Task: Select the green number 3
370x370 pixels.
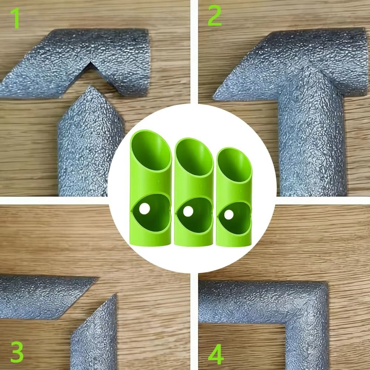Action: (17, 352)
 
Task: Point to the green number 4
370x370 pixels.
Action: (216, 356)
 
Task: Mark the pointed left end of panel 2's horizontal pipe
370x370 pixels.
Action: (215, 97)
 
